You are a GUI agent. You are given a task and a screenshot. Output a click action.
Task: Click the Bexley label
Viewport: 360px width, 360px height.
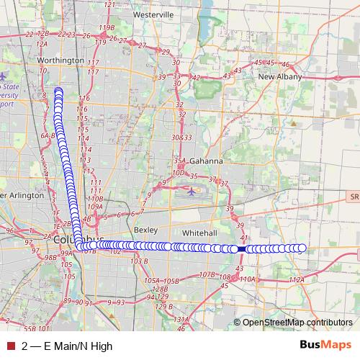(145, 230)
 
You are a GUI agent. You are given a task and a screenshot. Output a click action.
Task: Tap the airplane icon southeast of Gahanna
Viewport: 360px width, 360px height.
(191, 192)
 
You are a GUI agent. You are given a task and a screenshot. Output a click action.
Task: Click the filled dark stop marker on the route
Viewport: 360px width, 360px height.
(242, 248)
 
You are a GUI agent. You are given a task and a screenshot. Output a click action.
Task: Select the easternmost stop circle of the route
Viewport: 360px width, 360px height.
(302, 248)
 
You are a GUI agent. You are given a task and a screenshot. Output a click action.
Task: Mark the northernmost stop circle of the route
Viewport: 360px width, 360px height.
(58, 91)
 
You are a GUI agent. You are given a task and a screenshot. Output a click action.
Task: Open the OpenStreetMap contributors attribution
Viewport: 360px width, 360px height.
(297, 323)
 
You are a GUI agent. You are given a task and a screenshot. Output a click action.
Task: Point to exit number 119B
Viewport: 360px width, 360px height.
(107, 27)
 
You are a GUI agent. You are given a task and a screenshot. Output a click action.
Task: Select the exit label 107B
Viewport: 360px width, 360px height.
(207, 274)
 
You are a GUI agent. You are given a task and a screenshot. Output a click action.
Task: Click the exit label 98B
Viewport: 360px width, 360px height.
(50, 257)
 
